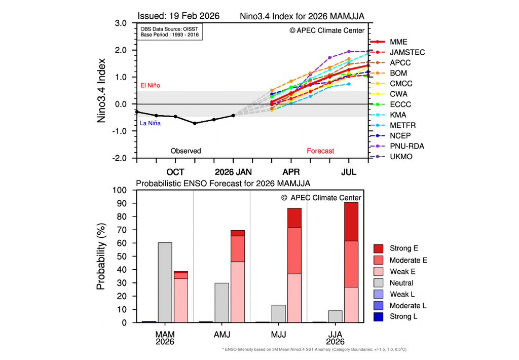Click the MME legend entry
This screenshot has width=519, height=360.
399,42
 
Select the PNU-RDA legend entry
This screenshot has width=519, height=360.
407,146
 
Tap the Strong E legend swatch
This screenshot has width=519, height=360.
379,248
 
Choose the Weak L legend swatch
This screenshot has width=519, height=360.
379,295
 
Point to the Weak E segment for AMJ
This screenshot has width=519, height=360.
238,292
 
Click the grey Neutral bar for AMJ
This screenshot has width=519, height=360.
221,303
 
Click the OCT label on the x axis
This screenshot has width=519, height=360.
175,172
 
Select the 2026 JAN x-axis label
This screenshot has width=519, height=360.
233,172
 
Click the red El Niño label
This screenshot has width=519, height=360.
150,86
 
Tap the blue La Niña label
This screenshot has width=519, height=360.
150,123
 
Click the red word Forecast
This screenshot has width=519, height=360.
320,151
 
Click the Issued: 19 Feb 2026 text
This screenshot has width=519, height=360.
178,16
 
